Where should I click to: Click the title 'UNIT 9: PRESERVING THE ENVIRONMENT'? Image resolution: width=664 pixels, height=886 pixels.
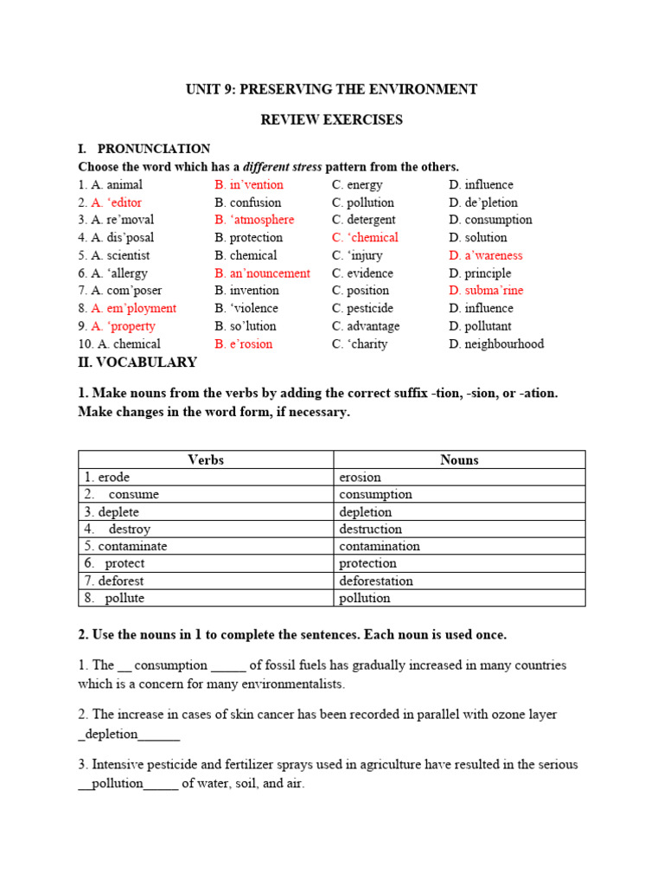(x=332, y=89)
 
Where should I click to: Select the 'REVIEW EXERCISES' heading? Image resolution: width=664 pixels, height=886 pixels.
(x=332, y=119)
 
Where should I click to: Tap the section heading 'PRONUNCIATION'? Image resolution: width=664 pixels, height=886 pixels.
(x=153, y=149)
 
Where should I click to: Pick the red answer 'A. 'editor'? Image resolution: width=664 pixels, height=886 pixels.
(x=117, y=202)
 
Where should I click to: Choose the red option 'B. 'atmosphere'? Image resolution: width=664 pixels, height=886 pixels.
(x=254, y=220)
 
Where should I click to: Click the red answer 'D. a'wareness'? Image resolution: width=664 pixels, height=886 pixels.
(x=485, y=255)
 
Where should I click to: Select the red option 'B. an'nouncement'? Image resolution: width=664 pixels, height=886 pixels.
(x=262, y=273)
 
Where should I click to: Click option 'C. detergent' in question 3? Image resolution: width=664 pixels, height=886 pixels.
(x=363, y=220)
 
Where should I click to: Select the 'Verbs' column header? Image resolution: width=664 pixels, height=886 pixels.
(x=206, y=460)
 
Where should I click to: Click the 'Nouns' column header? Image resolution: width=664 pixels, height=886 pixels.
(x=459, y=460)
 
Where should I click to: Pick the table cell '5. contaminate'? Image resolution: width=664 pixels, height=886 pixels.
(x=126, y=546)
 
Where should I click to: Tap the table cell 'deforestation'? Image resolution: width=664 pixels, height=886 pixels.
(x=376, y=581)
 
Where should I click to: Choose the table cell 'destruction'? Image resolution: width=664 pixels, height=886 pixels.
(x=371, y=529)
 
